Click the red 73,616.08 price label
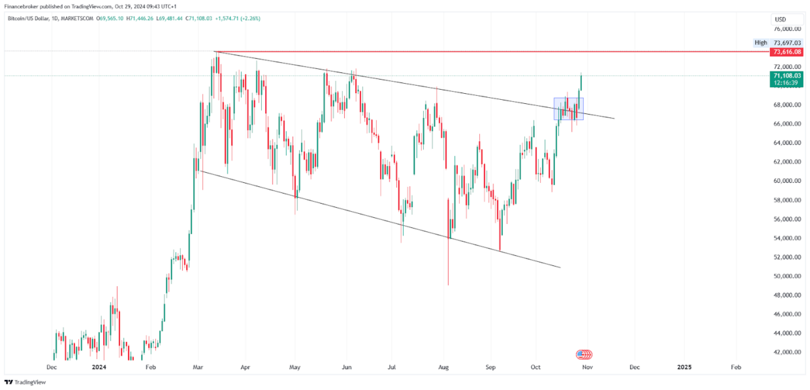(787, 52)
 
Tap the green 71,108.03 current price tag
(787, 77)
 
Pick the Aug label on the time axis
(443, 368)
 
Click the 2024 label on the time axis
(99, 368)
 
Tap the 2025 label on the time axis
(684, 368)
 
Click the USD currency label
(780, 19)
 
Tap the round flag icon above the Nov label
(584, 354)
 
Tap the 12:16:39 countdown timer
(787, 84)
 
